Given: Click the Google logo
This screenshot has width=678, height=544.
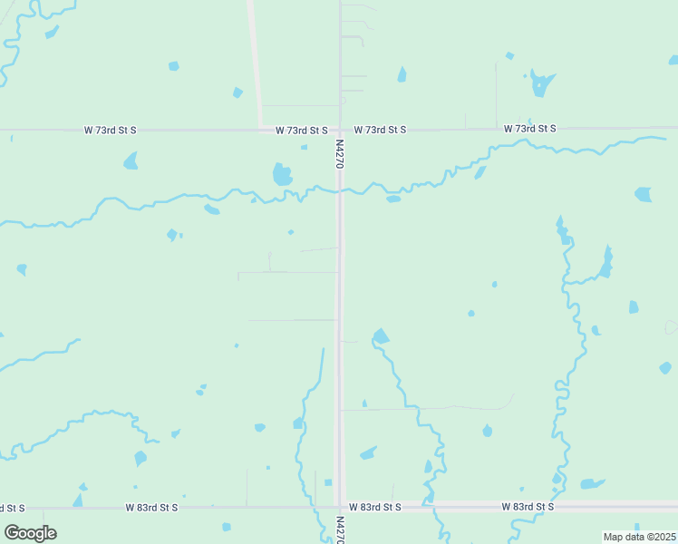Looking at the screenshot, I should pos(30,532).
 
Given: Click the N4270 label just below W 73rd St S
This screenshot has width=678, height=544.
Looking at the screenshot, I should pos(339,152).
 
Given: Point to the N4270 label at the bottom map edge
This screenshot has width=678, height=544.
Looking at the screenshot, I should pos(340,529).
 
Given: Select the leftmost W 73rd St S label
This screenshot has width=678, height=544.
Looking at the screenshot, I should pos(110,130).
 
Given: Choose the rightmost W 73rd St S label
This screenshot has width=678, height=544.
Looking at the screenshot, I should pos(530,129).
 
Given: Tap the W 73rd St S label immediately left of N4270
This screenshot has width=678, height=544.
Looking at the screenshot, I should pos(302,131).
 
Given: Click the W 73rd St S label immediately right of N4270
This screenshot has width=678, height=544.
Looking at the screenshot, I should pos(380,130).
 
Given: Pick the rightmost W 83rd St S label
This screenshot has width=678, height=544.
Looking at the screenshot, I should pos(528,506).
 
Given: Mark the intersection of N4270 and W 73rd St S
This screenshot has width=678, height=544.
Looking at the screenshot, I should pos(340,130).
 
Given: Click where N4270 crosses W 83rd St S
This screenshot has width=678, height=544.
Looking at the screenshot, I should pos(340,506).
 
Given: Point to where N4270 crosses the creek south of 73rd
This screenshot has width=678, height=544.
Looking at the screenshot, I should pos(340,189).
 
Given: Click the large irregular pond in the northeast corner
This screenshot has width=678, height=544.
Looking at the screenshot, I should pos(542,83).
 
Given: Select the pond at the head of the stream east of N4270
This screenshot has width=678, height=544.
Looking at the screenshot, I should pos(381,336).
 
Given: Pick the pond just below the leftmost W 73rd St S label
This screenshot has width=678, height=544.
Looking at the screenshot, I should pos(131,161).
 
